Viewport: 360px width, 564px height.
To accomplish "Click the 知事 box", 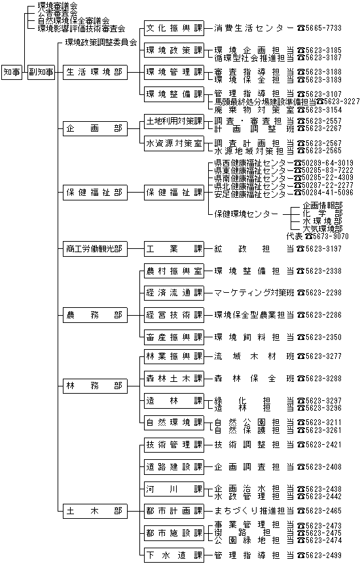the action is point(12,72).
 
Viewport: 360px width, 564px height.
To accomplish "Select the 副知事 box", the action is point(41,72).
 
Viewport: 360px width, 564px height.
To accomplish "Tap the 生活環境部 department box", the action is point(95,72).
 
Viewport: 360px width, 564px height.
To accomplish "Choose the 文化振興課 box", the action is point(174,28).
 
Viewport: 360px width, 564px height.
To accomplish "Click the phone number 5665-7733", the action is point(323,28).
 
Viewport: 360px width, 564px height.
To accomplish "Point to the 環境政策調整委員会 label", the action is point(101,43).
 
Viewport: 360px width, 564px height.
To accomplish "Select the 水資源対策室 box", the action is point(174,143).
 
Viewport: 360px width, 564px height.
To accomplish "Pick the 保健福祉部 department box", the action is point(95,193).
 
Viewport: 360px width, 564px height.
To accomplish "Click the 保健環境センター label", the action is point(246,214).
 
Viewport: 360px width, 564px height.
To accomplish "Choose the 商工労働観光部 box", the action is point(95,248).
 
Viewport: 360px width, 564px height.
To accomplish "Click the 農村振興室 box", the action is point(174,271).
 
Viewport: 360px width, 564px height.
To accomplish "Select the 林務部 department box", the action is point(95,386).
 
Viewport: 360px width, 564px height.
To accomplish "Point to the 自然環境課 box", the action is point(174,423).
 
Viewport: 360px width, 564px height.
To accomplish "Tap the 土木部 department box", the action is point(95,511).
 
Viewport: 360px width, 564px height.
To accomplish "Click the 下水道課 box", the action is point(174,555).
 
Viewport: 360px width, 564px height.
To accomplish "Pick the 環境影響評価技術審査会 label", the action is point(82,28).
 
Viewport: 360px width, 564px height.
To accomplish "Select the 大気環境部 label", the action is point(323,229).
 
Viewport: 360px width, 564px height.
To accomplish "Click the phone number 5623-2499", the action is point(323,555).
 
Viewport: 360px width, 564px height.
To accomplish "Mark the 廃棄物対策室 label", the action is point(254,109).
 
